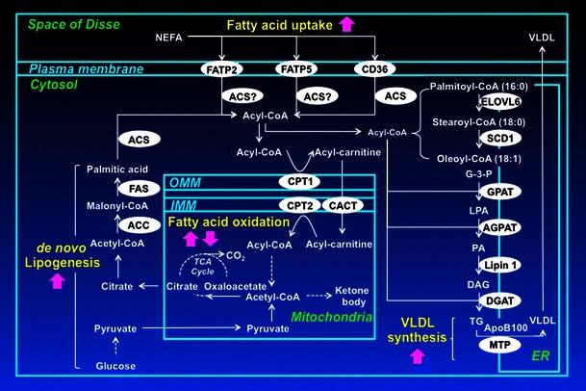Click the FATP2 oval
pos(219,69)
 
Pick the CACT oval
pos(343,204)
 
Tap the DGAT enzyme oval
pos(471,301)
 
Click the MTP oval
pos(471,345)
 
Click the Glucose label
pos(115,366)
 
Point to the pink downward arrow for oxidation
pos(209,238)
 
